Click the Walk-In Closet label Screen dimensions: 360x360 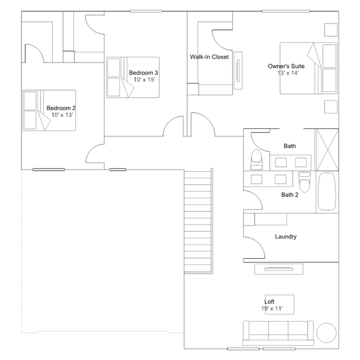[x=209, y=57]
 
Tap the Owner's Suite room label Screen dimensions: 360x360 [x=286, y=66]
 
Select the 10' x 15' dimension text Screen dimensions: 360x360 [x=144, y=79]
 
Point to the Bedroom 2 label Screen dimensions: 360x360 [x=61, y=108]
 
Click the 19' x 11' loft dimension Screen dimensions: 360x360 [x=272, y=308]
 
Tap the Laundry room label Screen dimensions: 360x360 [x=286, y=237]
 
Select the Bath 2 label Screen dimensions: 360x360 [x=290, y=195]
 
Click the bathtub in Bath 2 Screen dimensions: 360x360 [x=327, y=192]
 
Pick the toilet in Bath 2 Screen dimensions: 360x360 [x=305, y=182]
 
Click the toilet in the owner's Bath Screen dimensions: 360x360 [x=256, y=159]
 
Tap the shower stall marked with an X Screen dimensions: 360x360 [x=327, y=150]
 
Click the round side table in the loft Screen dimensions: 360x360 [x=326, y=333]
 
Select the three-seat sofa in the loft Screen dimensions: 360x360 [x=278, y=333]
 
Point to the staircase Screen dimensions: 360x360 [x=198, y=221]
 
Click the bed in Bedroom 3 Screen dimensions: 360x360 [x=133, y=77]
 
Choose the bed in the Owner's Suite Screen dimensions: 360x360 [x=308, y=68]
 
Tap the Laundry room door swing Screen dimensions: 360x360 [x=255, y=247]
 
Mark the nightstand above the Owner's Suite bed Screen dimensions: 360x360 [x=331, y=30]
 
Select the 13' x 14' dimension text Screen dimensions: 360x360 [x=288, y=73]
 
